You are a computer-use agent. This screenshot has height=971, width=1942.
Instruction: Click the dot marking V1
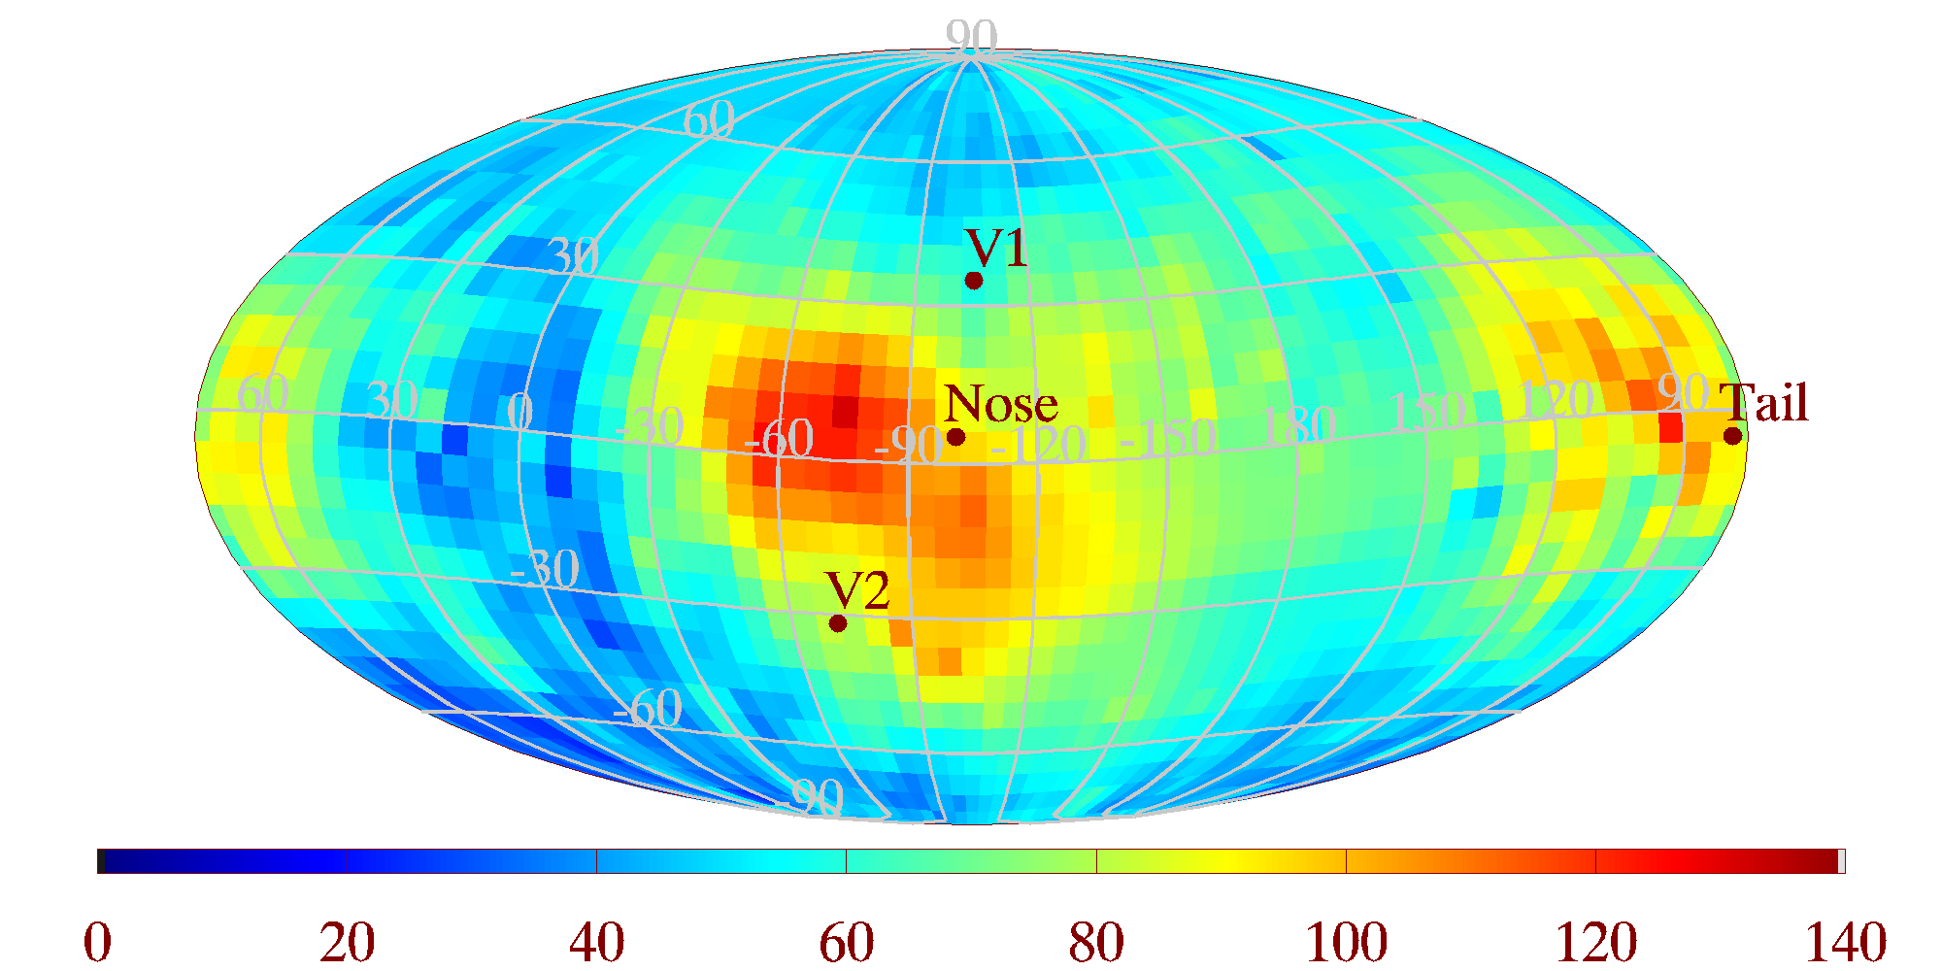(974, 281)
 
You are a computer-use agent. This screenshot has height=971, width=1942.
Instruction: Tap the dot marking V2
(838, 622)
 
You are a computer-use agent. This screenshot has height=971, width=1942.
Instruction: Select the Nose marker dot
(955, 437)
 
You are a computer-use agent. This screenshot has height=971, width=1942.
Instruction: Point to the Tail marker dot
(1732, 436)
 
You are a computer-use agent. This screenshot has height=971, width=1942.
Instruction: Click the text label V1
(996, 249)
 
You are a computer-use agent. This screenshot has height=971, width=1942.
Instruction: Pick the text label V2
(857, 590)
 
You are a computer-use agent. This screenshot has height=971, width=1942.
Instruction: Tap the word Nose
(1000, 404)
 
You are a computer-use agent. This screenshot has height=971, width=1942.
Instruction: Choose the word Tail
(1764, 403)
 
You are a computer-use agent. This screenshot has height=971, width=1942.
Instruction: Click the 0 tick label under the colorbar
(98, 942)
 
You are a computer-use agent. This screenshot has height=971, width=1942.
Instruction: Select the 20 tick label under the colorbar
(348, 942)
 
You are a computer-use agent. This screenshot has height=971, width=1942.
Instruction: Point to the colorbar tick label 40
(597, 942)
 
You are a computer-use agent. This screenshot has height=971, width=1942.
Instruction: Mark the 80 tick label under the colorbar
(1096, 942)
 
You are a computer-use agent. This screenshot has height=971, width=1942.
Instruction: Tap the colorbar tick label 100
(1346, 942)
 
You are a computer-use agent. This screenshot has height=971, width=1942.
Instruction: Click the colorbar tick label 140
(1845, 942)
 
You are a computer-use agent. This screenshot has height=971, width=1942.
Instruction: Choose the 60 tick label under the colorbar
(847, 942)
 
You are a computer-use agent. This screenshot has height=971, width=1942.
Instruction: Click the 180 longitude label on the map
(1297, 425)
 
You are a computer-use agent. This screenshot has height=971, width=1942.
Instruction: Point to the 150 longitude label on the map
(1425, 413)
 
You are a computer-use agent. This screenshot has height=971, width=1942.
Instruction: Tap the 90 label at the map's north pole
(971, 38)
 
